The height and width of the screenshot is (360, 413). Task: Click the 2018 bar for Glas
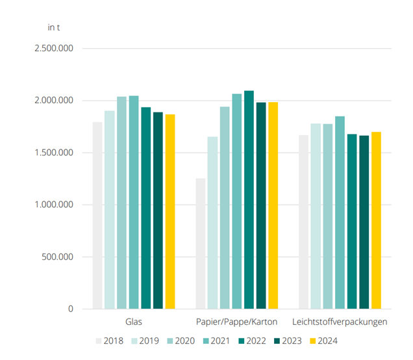point(97,215)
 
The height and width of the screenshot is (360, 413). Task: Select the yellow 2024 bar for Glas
point(170,211)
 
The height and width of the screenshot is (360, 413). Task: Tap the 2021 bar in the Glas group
point(134,202)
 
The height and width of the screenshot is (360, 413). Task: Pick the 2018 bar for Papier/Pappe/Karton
point(201,243)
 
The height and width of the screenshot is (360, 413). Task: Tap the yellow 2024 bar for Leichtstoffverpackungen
point(376,220)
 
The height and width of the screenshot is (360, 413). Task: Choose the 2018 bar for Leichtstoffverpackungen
point(303,222)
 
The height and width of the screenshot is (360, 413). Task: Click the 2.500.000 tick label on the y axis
point(55,49)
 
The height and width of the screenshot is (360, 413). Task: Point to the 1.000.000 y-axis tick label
point(55,205)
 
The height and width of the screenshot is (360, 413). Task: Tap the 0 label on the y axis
point(71,309)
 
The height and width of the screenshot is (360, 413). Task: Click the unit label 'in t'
point(55,27)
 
